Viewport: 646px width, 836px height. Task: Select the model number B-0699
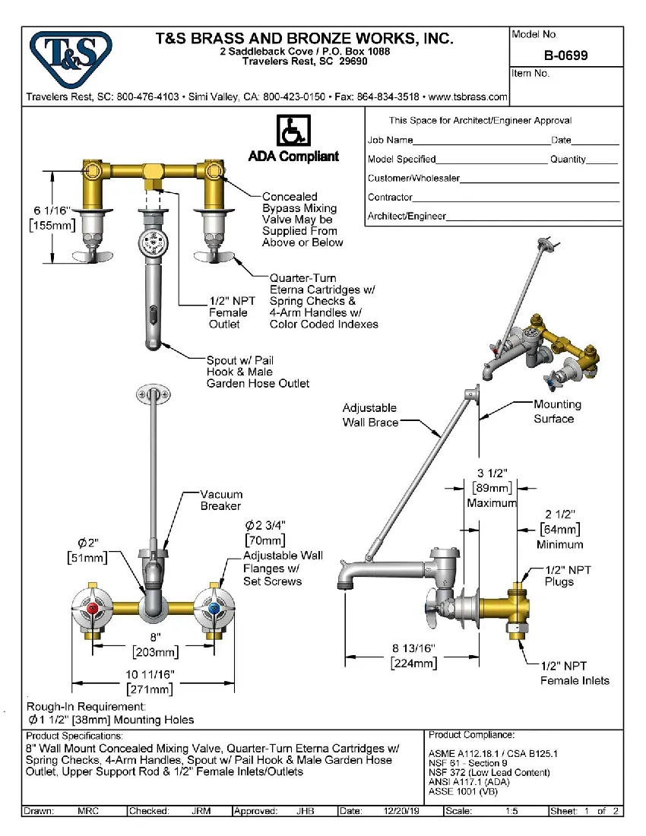565,55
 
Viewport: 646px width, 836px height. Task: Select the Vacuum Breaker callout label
221,500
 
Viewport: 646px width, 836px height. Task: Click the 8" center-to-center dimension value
155,638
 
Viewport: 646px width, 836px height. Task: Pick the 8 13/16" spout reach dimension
413,648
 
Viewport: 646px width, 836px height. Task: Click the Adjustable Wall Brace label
370,415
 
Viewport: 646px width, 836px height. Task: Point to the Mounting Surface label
556,411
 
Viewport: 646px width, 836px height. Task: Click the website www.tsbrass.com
468,97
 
